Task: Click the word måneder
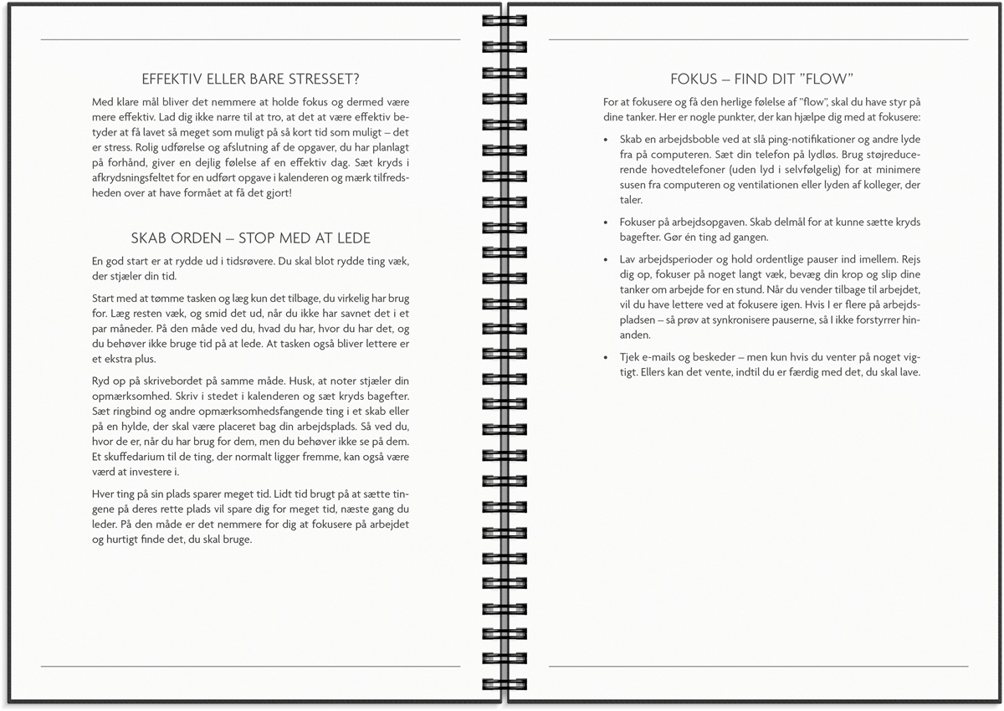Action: (131, 330)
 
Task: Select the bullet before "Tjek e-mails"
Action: (607, 357)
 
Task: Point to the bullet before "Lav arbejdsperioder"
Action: (607, 260)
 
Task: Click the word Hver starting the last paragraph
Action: (104, 494)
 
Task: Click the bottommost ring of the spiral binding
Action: (502, 676)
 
